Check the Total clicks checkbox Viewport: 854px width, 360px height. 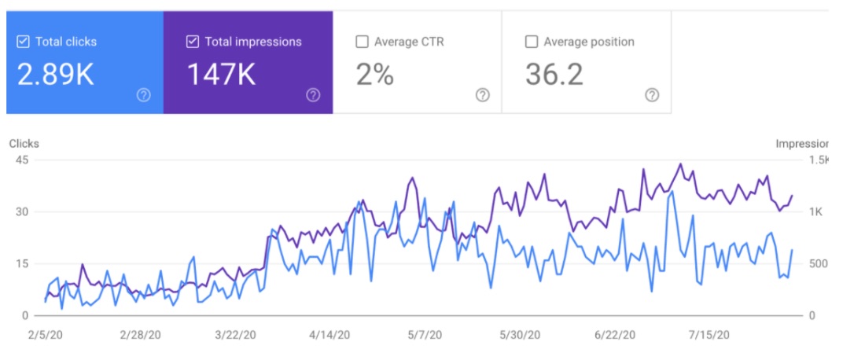pos(23,42)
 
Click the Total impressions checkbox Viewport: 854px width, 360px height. pos(193,42)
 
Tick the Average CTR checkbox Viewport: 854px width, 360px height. pos(362,42)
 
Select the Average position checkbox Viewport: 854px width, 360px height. pos(532,42)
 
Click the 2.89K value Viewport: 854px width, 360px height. pos(56,75)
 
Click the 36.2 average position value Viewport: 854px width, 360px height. pos(554,75)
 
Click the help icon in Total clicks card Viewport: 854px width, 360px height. pos(143,95)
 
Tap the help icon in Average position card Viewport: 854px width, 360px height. pos(652,95)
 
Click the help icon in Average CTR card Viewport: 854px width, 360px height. pos(482,95)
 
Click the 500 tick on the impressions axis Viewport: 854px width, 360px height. pos(819,264)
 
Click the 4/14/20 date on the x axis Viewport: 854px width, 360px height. pos(329,335)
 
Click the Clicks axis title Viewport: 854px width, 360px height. pos(24,144)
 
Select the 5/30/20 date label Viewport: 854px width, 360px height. pos(521,335)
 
